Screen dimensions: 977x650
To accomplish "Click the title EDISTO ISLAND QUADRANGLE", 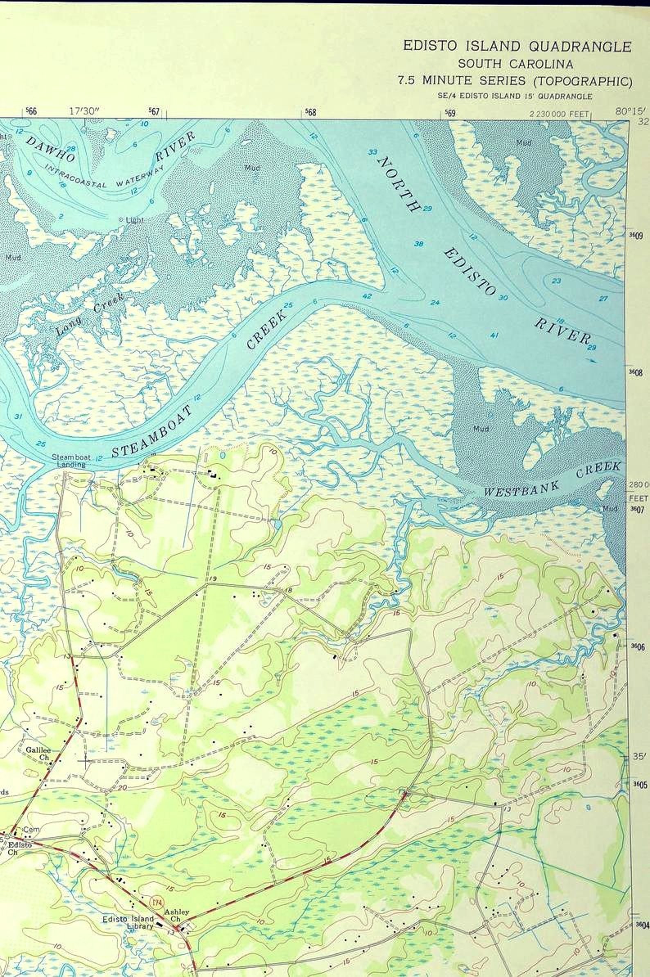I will click(x=517, y=46).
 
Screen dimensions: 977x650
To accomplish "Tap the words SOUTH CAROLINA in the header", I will click(x=515, y=64).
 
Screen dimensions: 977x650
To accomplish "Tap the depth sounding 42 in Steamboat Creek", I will click(x=366, y=296).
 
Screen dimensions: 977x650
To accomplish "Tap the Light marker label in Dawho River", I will click(x=133, y=220).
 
